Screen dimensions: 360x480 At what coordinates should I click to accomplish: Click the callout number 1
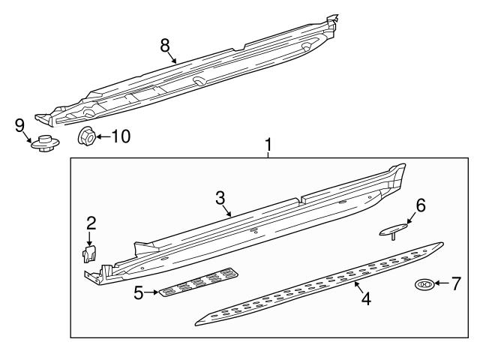coord(268,142)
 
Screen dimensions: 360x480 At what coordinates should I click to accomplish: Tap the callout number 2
coord(91,223)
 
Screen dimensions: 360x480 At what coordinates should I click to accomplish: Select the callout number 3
coord(220,197)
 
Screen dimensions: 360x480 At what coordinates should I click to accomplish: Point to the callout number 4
coord(366,298)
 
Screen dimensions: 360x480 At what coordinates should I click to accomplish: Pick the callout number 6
coord(421,205)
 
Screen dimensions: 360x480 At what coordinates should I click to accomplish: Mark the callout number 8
coord(166,44)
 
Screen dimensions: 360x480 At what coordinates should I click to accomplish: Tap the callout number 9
coord(20,124)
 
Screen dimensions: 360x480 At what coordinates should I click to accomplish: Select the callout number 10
coord(121,136)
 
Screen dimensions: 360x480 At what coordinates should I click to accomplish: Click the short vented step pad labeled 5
coord(199,282)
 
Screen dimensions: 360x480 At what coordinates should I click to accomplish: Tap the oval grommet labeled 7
coord(424,284)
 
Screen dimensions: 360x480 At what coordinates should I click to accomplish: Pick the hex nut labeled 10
coord(86,136)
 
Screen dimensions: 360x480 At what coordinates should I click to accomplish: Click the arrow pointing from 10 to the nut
coord(103,136)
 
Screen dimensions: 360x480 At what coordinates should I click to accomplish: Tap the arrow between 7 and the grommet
coord(441,283)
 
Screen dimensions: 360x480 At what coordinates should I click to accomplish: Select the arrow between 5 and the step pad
coord(150,291)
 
